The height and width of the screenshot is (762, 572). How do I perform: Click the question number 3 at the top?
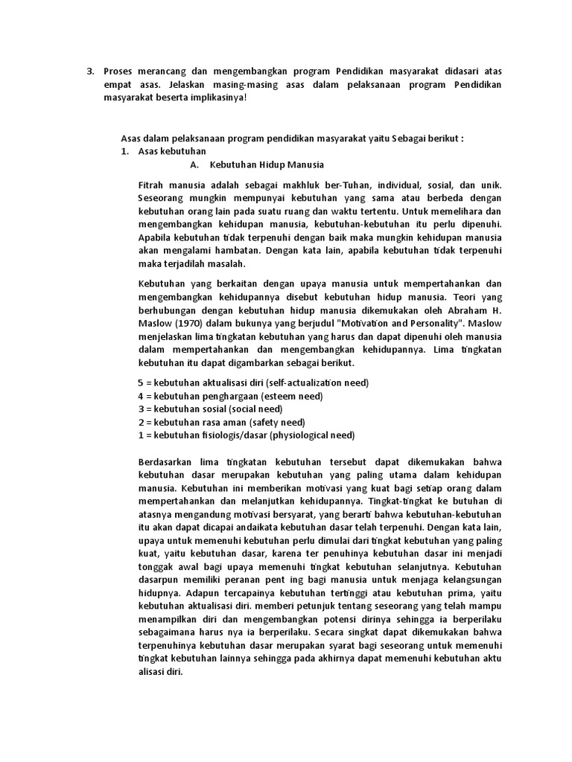click(x=89, y=71)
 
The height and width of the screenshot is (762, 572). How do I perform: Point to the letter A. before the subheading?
click(x=194, y=164)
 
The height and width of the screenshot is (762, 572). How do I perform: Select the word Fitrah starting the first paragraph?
click(x=153, y=184)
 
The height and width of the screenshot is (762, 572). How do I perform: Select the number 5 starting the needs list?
click(x=141, y=382)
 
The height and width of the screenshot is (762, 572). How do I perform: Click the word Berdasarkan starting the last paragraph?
click(x=170, y=461)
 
